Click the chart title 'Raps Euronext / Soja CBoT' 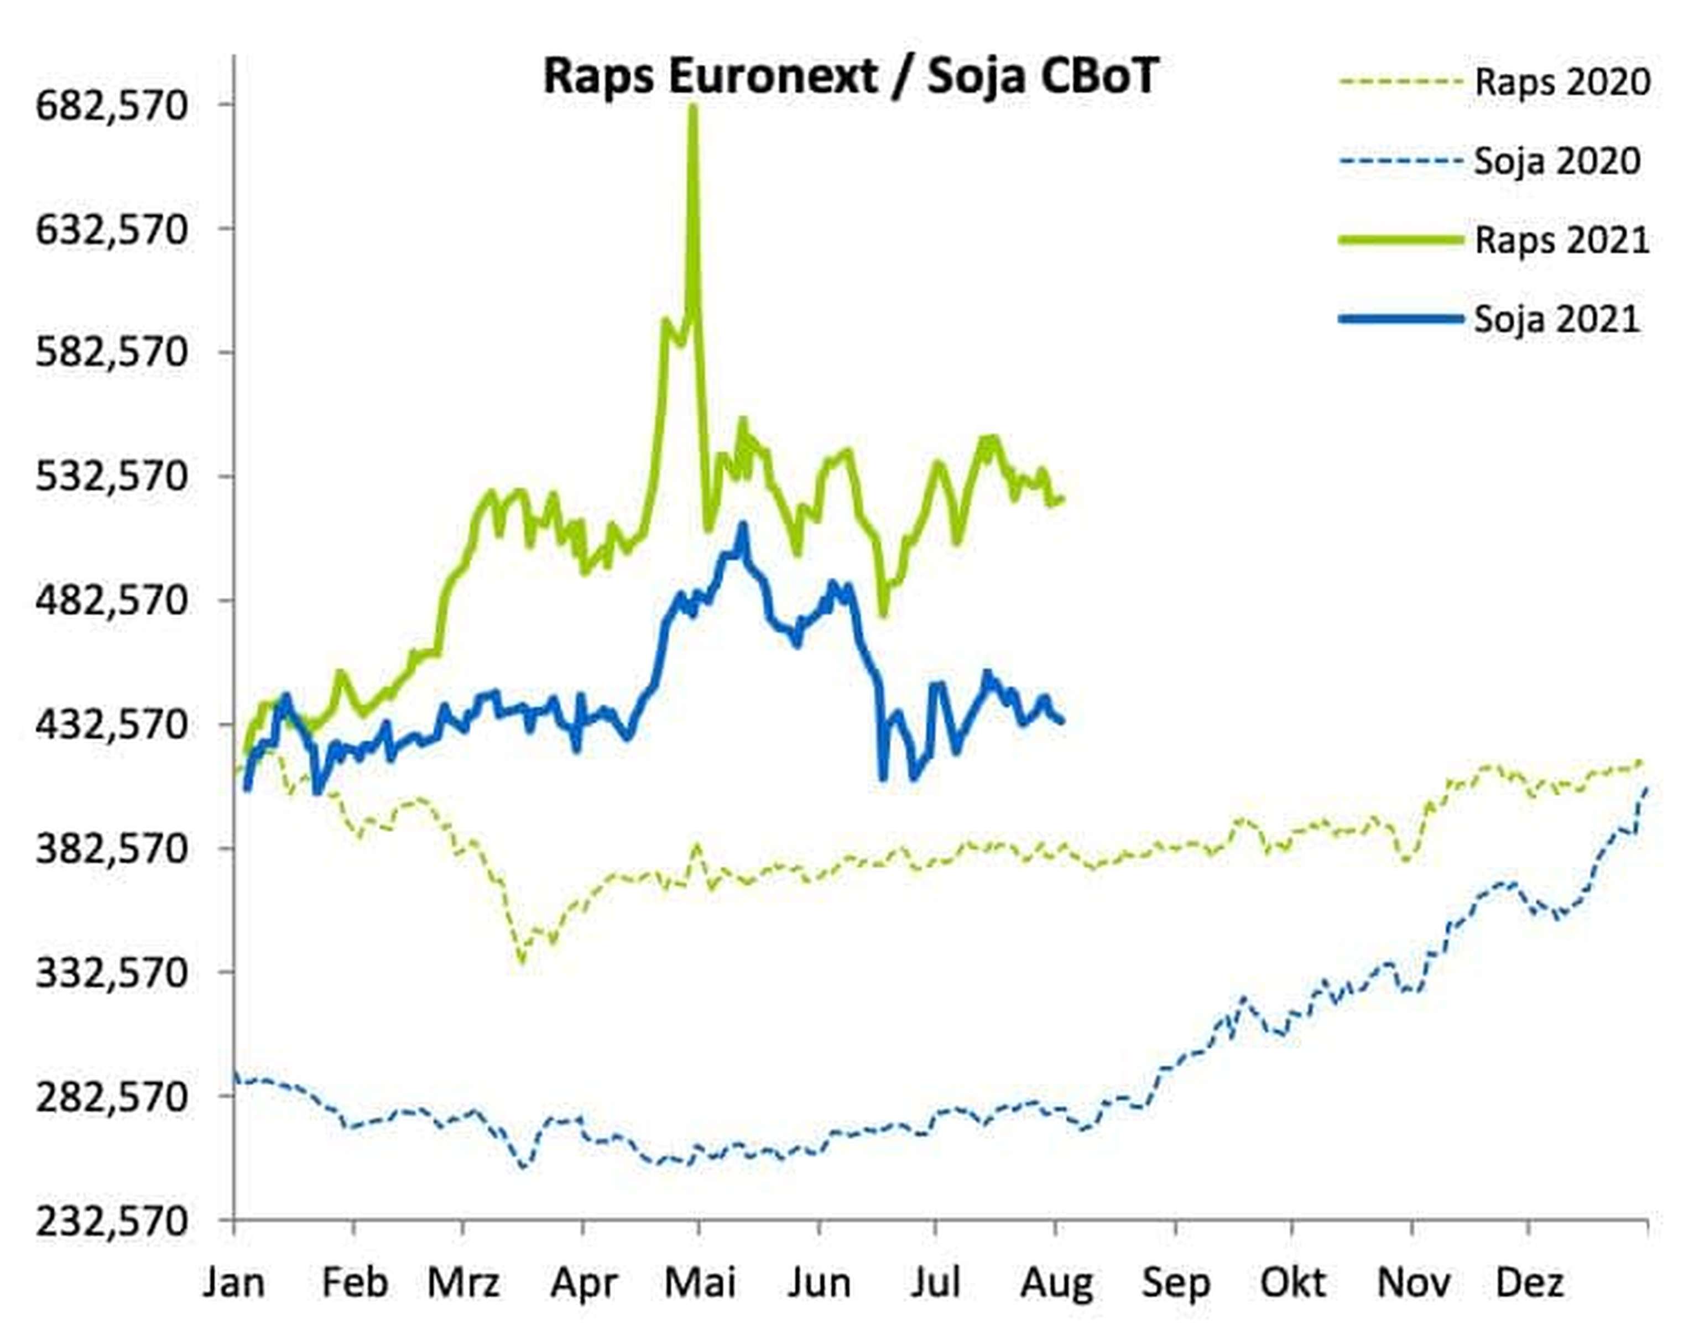point(850,76)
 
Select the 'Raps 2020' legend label point(1561,82)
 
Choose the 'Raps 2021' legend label point(1561,240)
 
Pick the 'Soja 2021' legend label point(1557,320)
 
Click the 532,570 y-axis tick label point(112,476)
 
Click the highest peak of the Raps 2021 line point(692,108)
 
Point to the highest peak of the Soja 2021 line point(742,526)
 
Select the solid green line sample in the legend point(1400,240)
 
